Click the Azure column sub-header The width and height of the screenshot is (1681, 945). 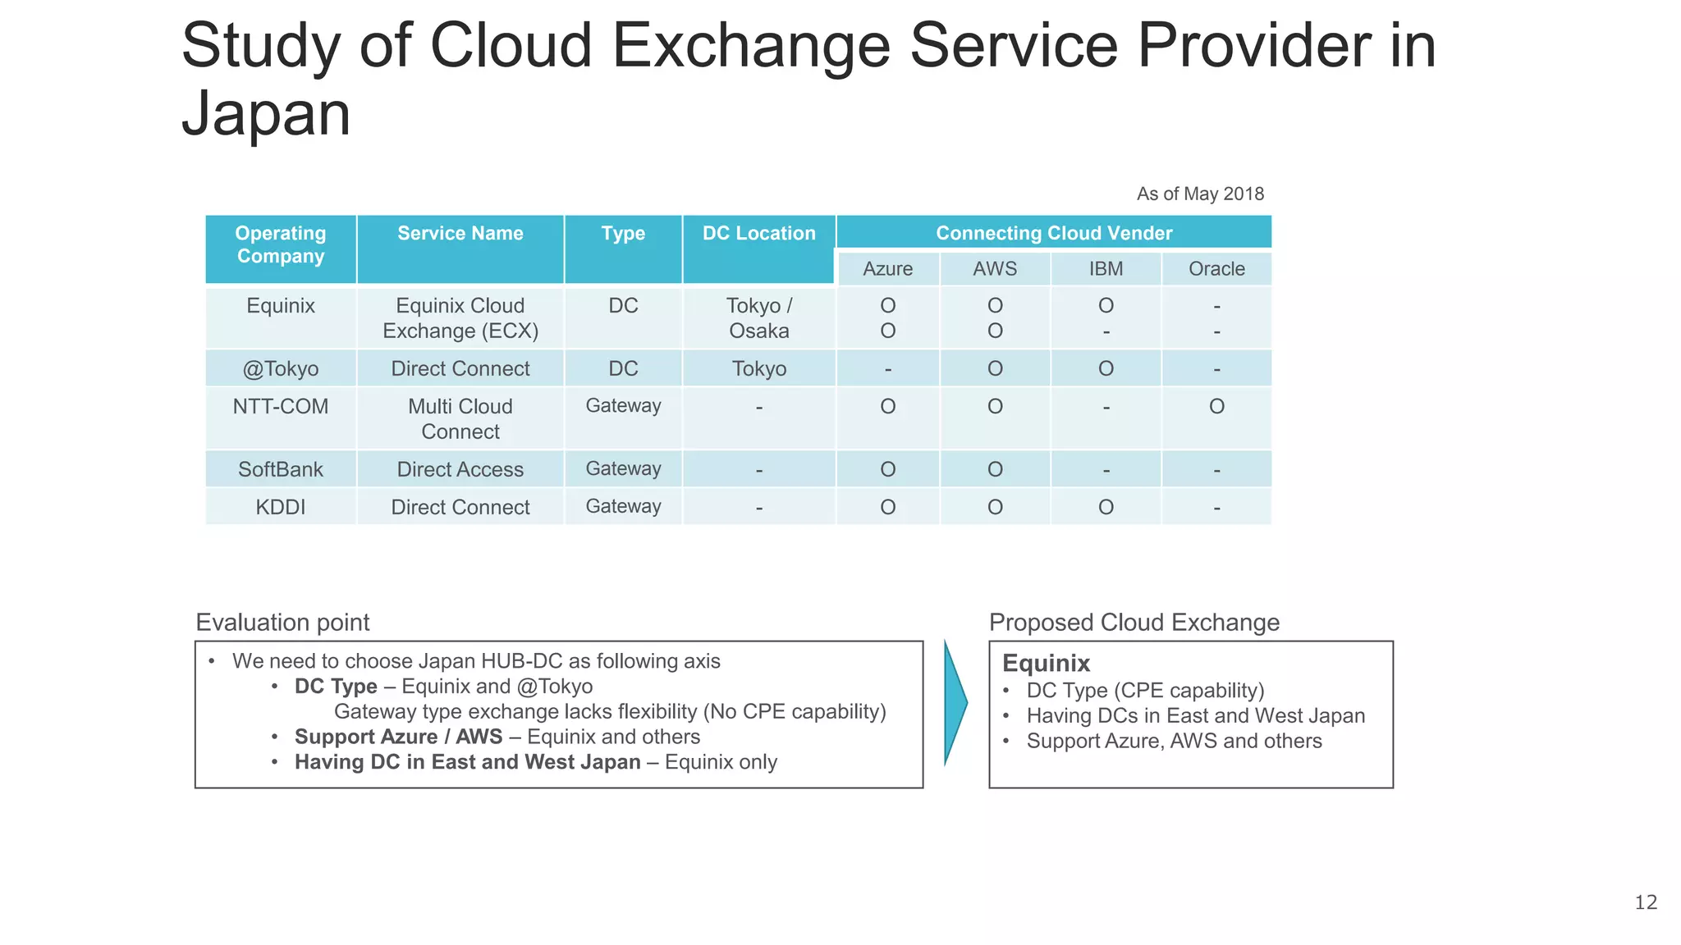coord(887,269)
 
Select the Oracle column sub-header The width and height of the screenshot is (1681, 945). coord(1216,269)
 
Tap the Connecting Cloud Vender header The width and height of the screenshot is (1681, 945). coord(1054,233)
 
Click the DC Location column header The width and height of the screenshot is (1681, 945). coord(758,234)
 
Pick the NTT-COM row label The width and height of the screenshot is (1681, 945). coord(281,407)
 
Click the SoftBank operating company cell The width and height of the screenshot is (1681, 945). coord(281,469)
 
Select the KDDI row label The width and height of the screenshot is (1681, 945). coord(281,507)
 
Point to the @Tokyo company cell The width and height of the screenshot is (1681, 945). coord(281,369)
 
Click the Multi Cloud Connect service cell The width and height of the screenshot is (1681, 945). coord(460,419)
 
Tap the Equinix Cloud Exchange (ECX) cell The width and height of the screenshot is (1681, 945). coord(460,318)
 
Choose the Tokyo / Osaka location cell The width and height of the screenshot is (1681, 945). coord(758,318)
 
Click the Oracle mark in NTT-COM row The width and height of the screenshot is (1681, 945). coord(1216,407)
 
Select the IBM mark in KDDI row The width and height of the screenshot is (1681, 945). coord(1106,507)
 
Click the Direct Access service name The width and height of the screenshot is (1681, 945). coord(460,469)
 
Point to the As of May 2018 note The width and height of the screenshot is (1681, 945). coord(1200,194)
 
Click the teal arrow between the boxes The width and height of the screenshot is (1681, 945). coord(955,703)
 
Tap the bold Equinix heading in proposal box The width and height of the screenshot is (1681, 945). coord(1046,663)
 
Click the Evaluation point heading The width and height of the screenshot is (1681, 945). coord(282,623)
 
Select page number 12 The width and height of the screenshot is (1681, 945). coord(1645,902)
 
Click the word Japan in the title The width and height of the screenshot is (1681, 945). coord(266,113)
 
